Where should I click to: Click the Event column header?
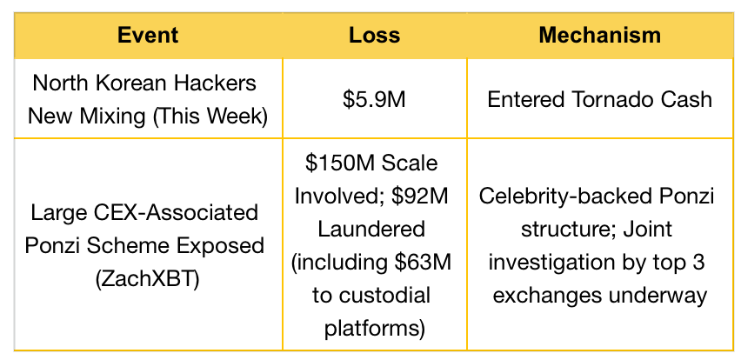[x=148, y=36]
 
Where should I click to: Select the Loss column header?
[x=374, y=36]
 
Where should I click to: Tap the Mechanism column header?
[x=600, y=36]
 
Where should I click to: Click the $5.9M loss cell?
[x=374, y=100]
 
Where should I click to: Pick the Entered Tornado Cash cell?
[x=600, y=100]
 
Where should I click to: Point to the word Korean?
[x=126, y=83]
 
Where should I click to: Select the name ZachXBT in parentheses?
[x=148, y=279]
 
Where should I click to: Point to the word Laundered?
[x=371, y=230]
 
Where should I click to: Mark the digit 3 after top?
[x=698, y=263]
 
